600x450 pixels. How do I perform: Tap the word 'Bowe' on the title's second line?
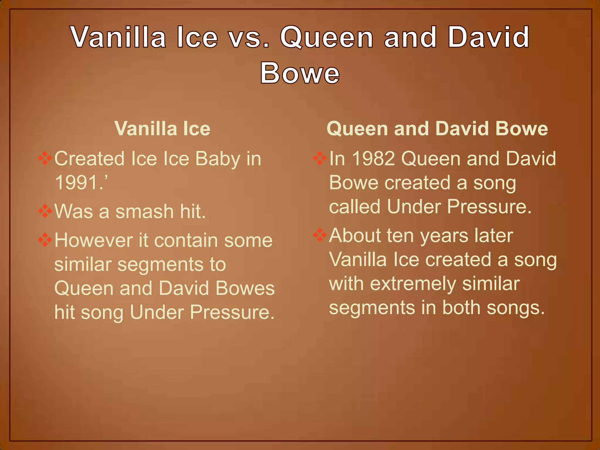pos(300,73)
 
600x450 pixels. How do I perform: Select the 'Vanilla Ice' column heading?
pos(162,129)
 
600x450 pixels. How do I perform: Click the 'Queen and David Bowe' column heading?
pos(437,129)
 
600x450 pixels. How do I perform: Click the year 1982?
pos(373,158)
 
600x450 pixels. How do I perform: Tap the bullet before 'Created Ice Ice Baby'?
pos(45,158)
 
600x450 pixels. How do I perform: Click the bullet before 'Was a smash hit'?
pos(45,211)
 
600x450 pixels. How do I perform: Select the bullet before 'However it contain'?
pos(45,240)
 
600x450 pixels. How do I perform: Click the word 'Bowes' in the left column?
pos(245,288)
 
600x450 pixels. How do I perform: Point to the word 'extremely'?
pos(413,284)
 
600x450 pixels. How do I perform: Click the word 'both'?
pos(462,308)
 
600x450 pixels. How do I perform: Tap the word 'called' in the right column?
pos(355,207)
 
